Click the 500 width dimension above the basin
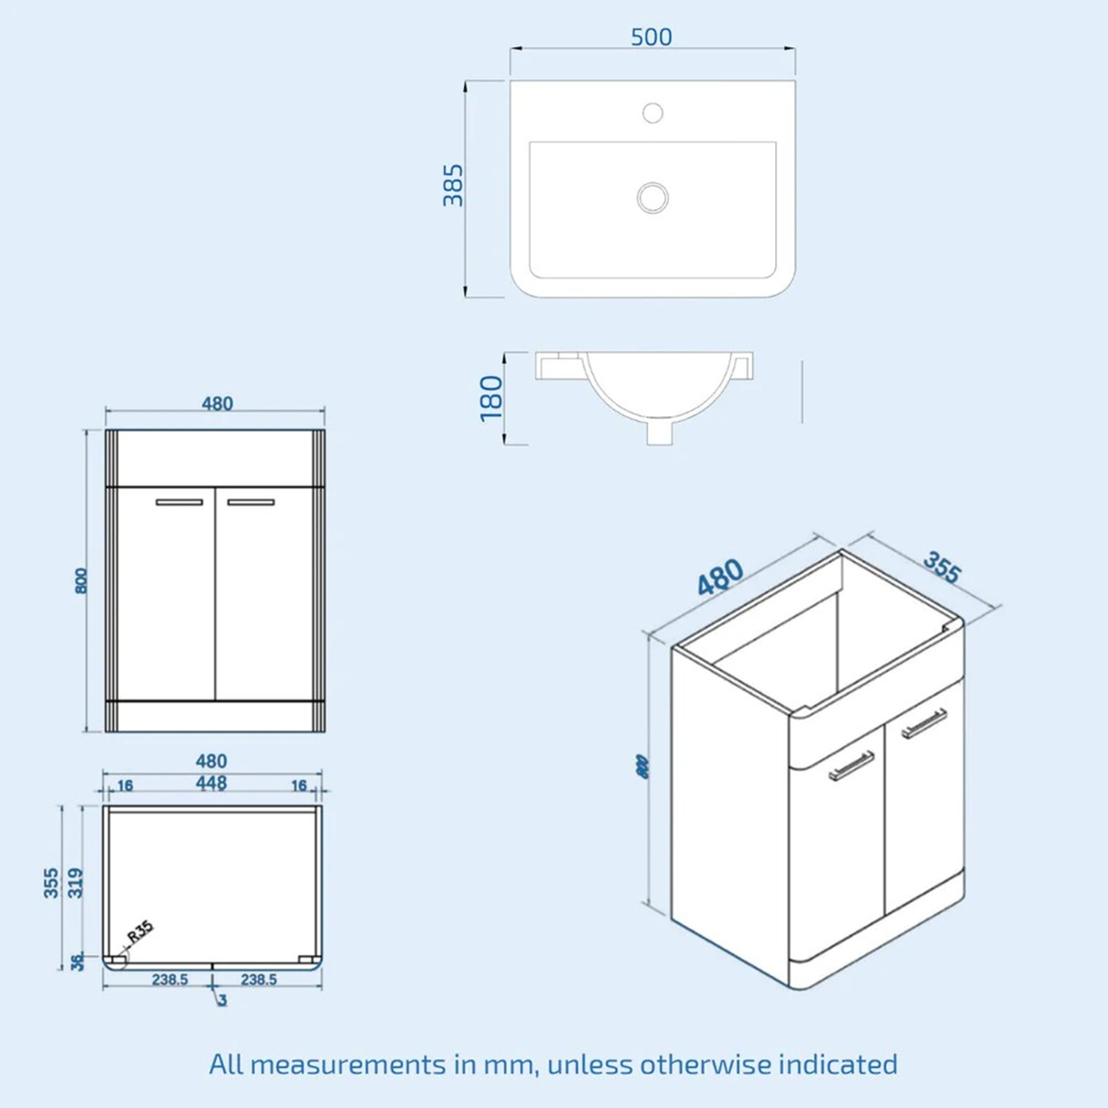[651, 37]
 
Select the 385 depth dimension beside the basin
[453, 185]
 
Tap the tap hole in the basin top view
[652, 112]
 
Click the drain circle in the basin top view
[652, 197]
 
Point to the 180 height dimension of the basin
[491, 398]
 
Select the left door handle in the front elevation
[179, 502]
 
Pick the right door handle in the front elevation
[251, 502]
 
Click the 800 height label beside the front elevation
[82, 580]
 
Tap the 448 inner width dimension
[211, 783]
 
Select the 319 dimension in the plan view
[75, 883]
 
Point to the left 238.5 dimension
[170, 979]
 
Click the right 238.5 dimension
[258, 979]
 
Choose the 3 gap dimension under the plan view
[222, 1001]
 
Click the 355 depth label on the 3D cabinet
[942, 568]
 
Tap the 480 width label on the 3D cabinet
[720, 577]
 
